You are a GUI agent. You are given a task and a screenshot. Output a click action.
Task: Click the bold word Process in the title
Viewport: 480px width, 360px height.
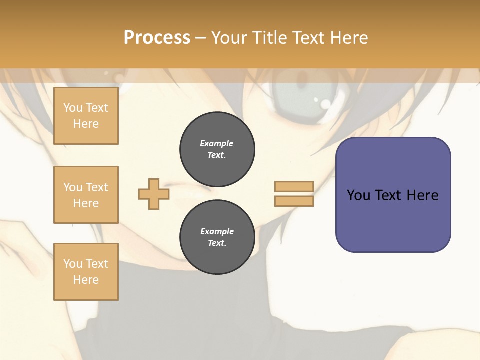click(x=157, y=38)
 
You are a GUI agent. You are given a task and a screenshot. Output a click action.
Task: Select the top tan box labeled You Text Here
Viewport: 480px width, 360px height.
click(x=86, y=116)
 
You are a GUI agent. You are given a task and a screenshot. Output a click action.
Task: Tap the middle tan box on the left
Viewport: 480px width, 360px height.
click(x=86, y=195)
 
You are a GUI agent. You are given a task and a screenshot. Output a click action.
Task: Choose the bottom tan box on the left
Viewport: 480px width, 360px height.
click(x=86, y=272)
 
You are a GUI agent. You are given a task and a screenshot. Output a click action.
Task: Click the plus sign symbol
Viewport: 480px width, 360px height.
click(x=154, y=194)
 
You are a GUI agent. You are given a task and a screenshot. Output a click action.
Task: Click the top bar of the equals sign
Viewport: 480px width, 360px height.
click(x=294, y=186)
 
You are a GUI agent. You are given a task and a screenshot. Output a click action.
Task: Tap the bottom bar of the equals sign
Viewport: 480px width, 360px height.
click(x=294, y=201)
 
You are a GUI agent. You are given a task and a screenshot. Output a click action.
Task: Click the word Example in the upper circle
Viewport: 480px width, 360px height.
click(x=217, y=143)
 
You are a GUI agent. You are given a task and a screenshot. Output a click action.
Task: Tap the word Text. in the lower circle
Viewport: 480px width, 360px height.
click(x=217, y=243)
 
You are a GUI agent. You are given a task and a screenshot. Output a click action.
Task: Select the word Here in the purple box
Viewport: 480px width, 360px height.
click(x=422, y=195)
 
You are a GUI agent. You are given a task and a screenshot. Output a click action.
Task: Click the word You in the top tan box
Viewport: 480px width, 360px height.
click(x=73, y=108)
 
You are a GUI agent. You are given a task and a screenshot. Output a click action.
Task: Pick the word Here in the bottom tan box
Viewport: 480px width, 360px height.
click(x=86, y=280)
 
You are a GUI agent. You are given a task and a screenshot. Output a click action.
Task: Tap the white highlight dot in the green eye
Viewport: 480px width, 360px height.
click(x=325, y=104)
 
